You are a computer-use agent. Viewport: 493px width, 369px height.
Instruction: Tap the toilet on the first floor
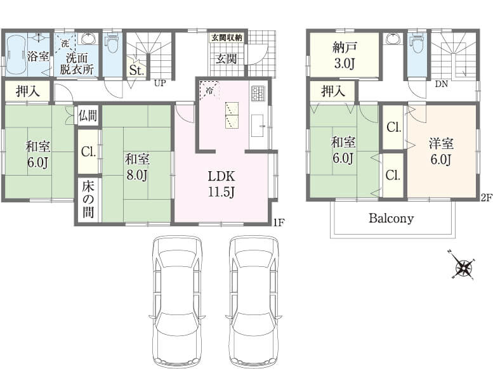112,44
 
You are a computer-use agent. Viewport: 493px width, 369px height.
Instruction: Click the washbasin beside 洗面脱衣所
89,38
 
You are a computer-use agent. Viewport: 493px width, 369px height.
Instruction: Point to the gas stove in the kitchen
258,93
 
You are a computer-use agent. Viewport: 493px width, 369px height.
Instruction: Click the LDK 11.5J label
221,184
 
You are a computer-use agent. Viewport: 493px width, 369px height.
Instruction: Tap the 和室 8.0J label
137,167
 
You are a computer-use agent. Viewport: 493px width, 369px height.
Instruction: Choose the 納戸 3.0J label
345,56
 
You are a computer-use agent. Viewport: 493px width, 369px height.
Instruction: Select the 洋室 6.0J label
441,152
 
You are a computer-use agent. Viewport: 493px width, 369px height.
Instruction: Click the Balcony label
391,218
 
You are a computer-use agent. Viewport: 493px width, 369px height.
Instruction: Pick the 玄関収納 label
227,37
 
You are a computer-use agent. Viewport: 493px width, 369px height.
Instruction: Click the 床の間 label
88,200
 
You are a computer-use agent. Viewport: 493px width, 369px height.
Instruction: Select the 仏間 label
88,115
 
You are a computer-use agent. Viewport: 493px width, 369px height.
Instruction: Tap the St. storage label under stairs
137,70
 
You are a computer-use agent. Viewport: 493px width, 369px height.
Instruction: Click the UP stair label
160,83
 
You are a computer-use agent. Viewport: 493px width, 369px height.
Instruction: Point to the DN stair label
442,84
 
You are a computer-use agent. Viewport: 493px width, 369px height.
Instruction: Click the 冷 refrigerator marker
209,91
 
